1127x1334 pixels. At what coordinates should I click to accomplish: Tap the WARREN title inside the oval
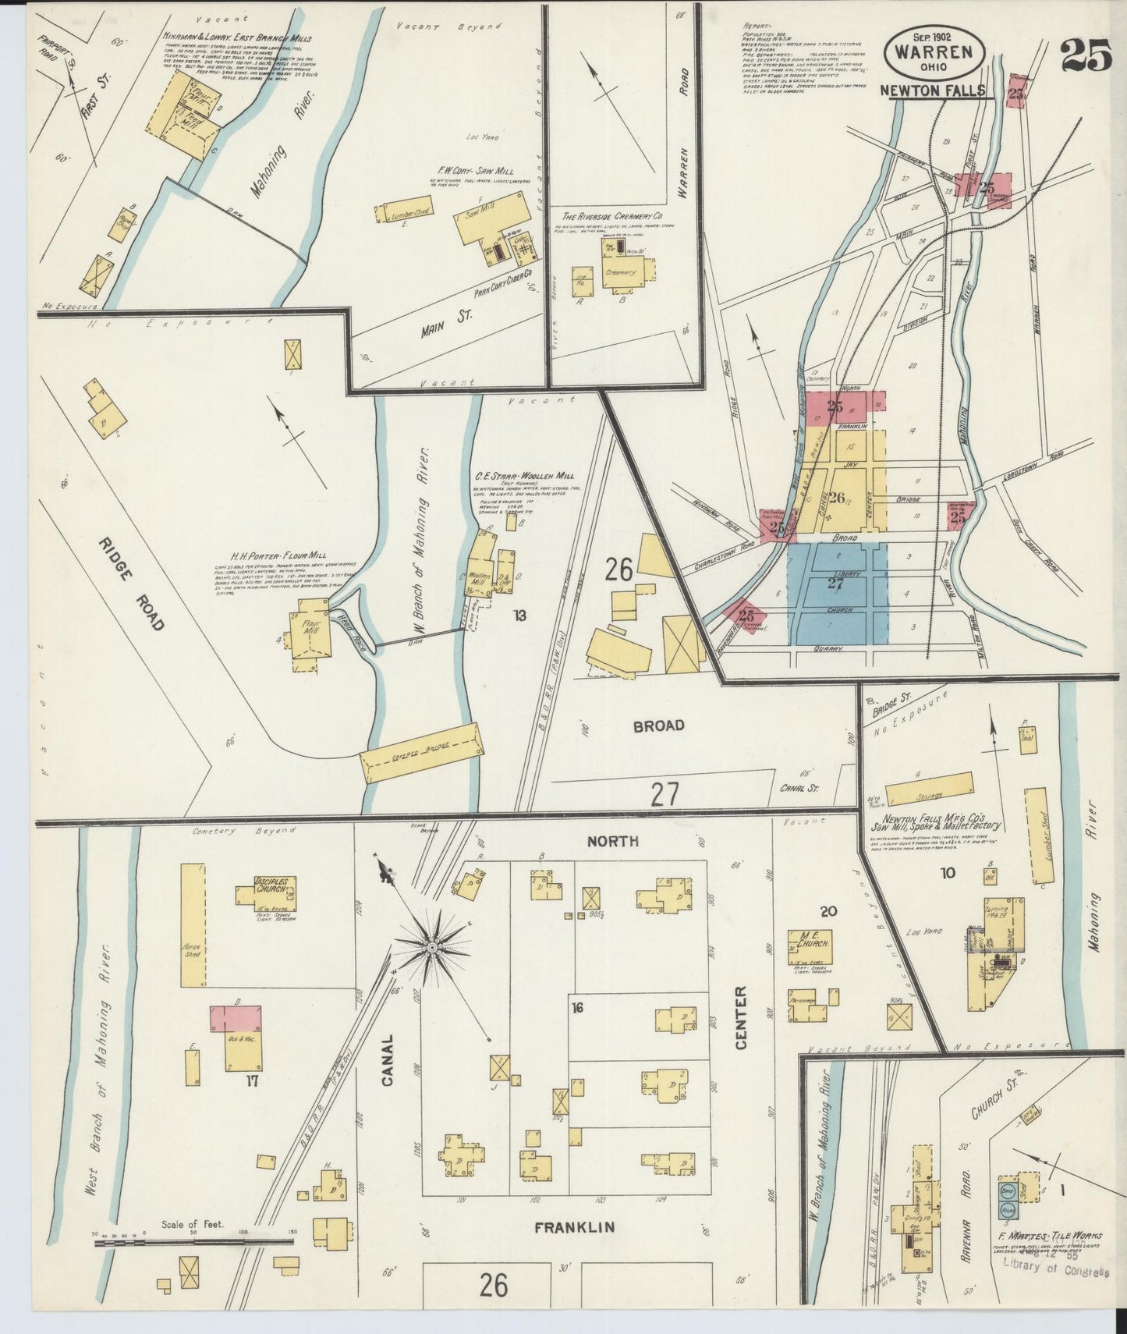(934, 53)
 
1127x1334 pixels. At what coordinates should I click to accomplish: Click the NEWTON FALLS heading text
(932, 91)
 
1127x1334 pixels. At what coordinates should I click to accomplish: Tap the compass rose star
(431, 946)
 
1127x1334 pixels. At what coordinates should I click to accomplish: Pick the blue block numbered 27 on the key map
(837, 593)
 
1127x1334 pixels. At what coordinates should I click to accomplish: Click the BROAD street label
(658, 725)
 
